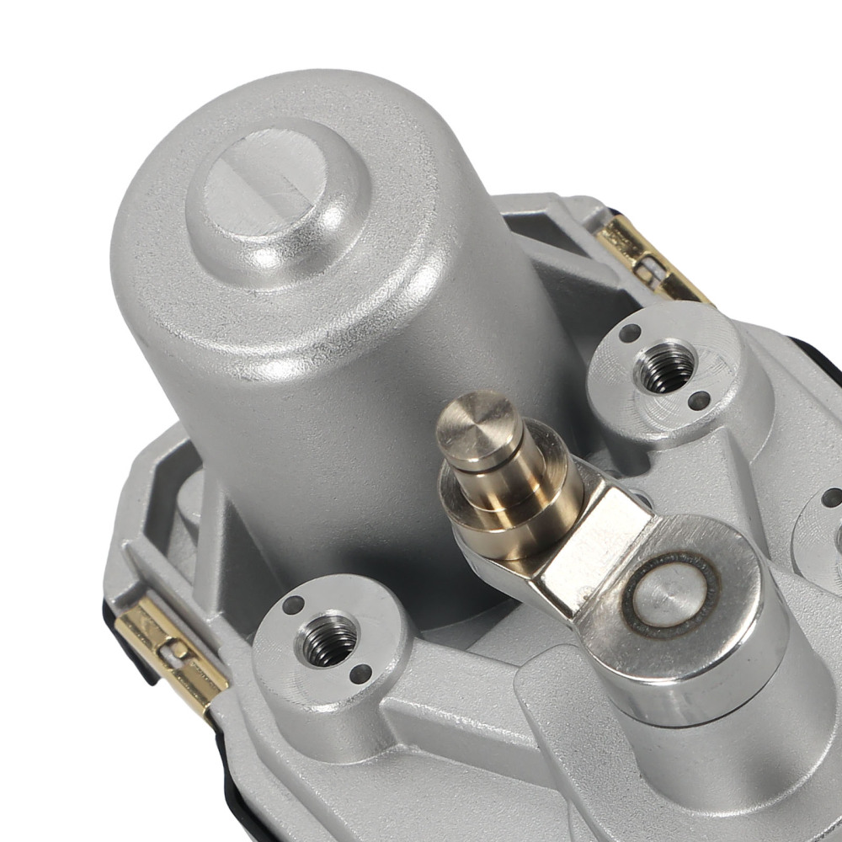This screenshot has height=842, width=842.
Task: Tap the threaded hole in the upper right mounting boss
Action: (x=666, y=367)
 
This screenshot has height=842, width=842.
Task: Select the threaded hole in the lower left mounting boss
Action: (x=328, y=639)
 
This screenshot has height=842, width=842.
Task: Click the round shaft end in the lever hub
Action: (x=670, y=594)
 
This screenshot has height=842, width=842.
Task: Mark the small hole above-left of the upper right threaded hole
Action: (x=629, y=333)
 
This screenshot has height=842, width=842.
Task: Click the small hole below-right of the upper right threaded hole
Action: (x=699, y=401)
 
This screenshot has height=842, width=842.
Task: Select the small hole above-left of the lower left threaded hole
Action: (x=293, y=605)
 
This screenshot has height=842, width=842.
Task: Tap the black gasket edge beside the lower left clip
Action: (x=126, y=648)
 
